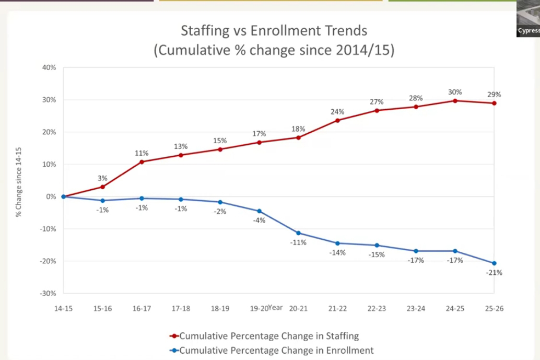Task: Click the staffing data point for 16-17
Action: click(x=142, y=162)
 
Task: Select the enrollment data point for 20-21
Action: click(x=298, y=233)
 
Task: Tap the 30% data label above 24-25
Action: click(x=455, y=92)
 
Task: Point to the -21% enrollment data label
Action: click(x=494, y=272)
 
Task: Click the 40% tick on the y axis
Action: click(x=49, y=67)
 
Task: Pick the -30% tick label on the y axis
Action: click(x=48, y=293)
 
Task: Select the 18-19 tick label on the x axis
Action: click(x=220, y=309)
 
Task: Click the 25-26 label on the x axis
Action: click(x=494, y=309)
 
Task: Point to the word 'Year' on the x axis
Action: click(x=275, y=308)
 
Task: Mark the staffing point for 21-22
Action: click(x=337, y=120)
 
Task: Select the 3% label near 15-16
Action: click(x=102, y=179)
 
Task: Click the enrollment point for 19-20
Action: click(x=259, y=211)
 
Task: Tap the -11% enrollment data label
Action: click(x=298, y=242)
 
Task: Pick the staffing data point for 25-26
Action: click(x=494, y=103)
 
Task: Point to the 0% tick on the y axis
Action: click(x=51, y=196)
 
